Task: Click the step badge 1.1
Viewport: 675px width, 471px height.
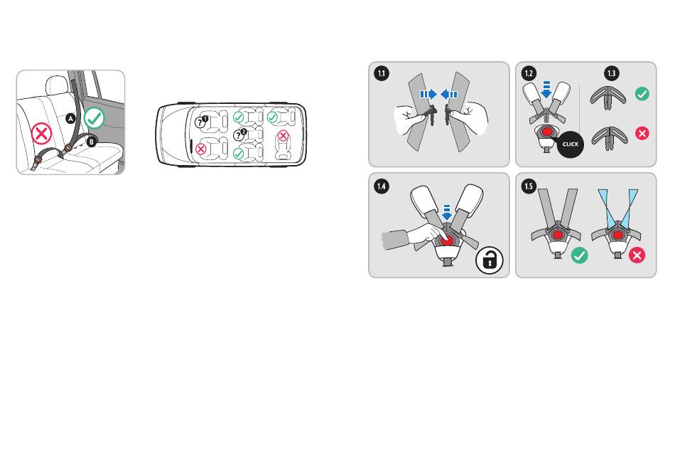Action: (382, 73)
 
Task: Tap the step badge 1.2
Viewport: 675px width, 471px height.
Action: (528, 73)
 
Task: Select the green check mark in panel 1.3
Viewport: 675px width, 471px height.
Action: (641, 95)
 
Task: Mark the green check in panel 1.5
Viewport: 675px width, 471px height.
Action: (580, 255)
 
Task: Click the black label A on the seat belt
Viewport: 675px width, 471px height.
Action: (70, 120)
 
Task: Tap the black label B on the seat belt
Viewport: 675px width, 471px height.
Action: (92, 141)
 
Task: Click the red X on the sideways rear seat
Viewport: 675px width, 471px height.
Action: (283, 135)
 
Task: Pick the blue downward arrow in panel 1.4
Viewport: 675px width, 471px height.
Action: (446, 210)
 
